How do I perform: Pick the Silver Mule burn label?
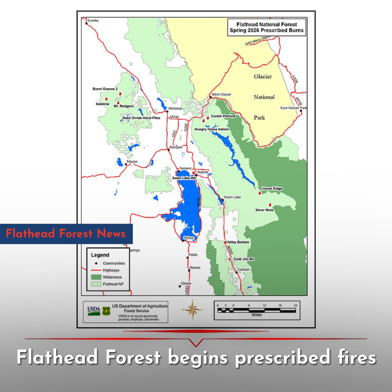point(264,210)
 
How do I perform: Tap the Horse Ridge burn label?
point(272,189)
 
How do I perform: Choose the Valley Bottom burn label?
point(238,242)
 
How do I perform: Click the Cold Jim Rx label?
point(244,259)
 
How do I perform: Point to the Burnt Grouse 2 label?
point(105,89)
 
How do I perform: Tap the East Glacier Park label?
point(294,108)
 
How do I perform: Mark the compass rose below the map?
point(192,310)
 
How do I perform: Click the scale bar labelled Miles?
point(257,310)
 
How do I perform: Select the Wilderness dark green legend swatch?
point(96,277)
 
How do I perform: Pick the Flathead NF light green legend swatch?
point(96,284)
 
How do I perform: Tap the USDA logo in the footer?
point(94,311)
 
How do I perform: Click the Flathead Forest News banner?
point(66,233)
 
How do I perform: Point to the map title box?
point(266,27)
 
